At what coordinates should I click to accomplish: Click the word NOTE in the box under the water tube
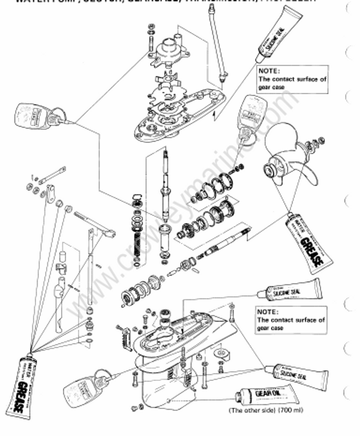[268, 71]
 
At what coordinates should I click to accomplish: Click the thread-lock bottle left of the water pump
[39, 114]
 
